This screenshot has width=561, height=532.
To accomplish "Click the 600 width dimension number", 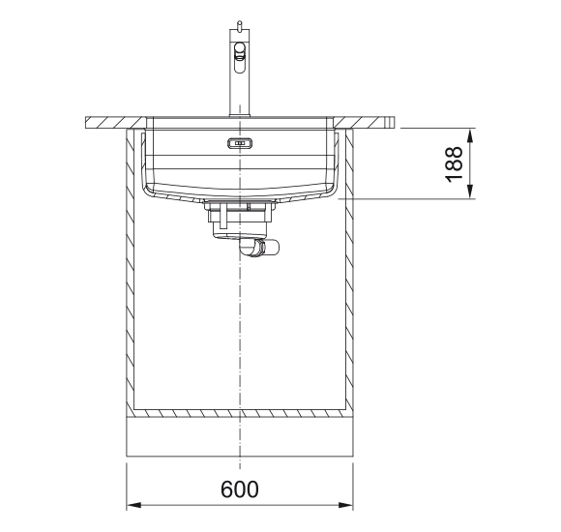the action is pyautogui.click(x=239, y=489).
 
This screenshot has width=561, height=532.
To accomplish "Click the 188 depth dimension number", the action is pyautogui.click(x=454, y=163).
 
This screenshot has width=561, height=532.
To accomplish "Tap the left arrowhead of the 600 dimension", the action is pyautogui.click(x=133, y=505).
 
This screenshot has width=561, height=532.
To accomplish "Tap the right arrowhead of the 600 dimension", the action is pyautogui.click(x=345, y=505).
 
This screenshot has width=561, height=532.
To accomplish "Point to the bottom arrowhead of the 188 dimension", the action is pyautogui.click(x=470, y=192).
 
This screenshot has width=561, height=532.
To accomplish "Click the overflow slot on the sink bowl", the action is pyautogui.click(x=240, y=143).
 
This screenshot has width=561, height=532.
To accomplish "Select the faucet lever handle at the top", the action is pyautogui.click(x=239, y=57).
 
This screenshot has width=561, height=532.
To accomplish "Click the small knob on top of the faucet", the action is pyautogui.click(x=239, y=25).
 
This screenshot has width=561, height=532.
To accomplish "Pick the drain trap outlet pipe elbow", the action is pyautogui.click(x=260, y=248).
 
